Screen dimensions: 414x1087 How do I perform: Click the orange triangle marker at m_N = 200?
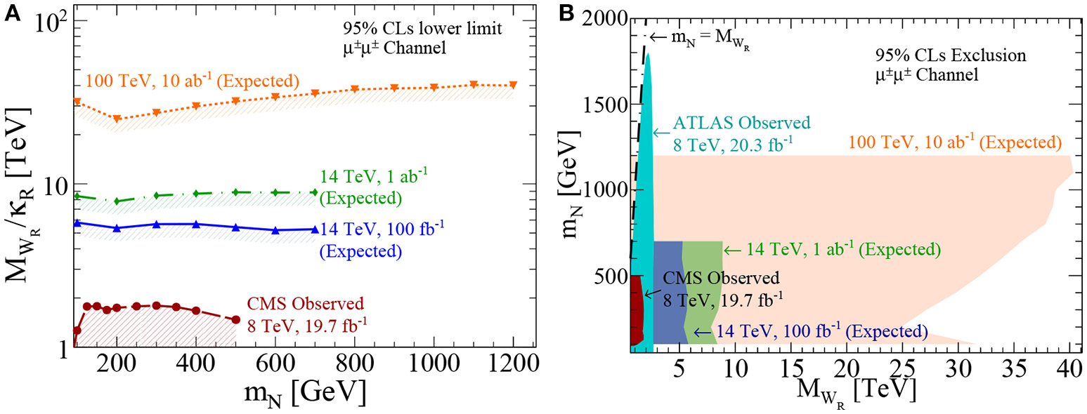[117, 119]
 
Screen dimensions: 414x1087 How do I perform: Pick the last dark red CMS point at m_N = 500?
[236, 319]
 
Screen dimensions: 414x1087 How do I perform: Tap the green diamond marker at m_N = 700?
[315, 192]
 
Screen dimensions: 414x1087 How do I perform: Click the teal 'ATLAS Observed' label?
[741, 123]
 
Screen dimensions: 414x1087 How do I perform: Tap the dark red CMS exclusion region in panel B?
[636, 309]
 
